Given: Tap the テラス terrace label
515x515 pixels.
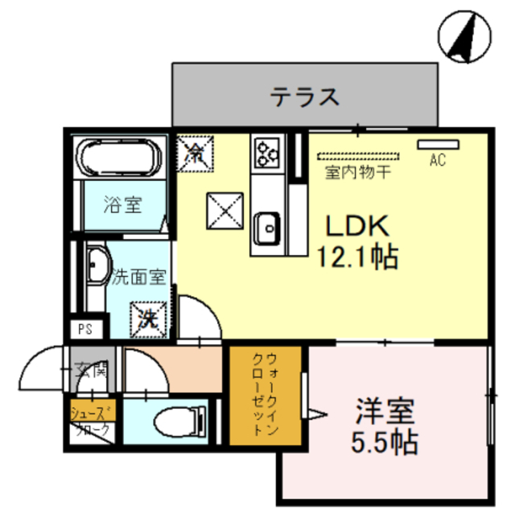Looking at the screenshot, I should tap(304, 98).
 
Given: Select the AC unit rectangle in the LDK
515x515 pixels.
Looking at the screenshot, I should tap(437, 145).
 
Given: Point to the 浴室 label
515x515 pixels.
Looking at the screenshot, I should tap(122, 204).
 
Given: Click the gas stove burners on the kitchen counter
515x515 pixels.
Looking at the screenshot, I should tap(266, 150).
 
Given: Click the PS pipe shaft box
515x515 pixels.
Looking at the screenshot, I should tap(85, 328).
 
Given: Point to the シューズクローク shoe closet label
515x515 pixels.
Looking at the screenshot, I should tap(94, 421).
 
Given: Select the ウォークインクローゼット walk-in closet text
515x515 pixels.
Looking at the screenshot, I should tap(265, 394).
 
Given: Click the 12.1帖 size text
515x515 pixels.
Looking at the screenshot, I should tap(358, 257).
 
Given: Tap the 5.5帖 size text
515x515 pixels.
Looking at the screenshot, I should tap(384, 442).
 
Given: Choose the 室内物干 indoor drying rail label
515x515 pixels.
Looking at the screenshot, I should tap(358, 171).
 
